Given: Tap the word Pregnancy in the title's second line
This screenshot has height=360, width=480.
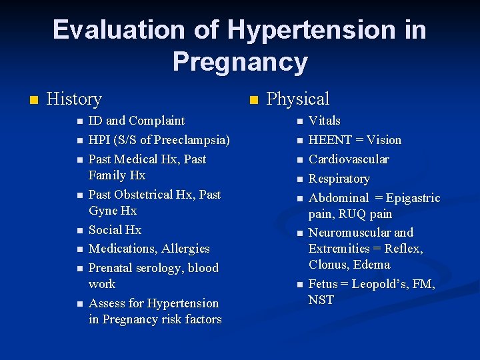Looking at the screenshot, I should (x=240, y=62).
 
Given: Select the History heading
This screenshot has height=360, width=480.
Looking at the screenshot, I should (x=74, y=99).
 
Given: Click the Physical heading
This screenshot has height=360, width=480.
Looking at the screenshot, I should (x=297, y=99).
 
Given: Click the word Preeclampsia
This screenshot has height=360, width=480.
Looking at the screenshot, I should (x=194, y=140).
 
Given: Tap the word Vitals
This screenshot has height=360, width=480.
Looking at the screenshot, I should (x=325, y=121).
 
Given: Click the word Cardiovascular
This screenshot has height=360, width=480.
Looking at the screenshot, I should (x=349, y=159).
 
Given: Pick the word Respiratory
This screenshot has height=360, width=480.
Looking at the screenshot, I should (x=339, y=179).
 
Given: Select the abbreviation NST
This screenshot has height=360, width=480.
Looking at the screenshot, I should (x=321, y=300).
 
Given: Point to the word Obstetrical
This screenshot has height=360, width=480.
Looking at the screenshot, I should (x=154, y=195).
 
